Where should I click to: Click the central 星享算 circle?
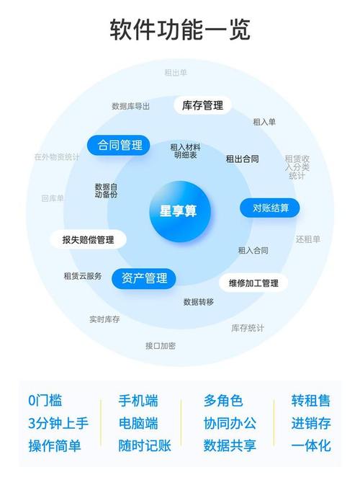(180, 211)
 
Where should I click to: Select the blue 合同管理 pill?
(119, 145)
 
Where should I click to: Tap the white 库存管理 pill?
(202, 106)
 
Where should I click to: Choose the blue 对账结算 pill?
(270, 208)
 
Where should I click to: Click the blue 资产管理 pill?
(144, 278)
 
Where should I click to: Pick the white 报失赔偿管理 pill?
(88, 239)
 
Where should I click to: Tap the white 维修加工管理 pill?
(253, 283)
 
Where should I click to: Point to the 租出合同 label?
(242, 159)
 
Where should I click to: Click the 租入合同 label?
(253, 250)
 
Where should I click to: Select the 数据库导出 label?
(130, 106)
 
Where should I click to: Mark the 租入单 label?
(264, 122)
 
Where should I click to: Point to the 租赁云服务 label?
(83, 276)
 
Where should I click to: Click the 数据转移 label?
(199, 302)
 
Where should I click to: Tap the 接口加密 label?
(161, 346)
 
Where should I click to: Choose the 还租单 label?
(307, 239)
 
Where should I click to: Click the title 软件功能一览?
(180, 30)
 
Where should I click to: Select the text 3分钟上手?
(58, 423)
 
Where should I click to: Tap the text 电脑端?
(138, 423)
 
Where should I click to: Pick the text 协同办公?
(230, 423)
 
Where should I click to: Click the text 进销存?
(311, 423)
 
